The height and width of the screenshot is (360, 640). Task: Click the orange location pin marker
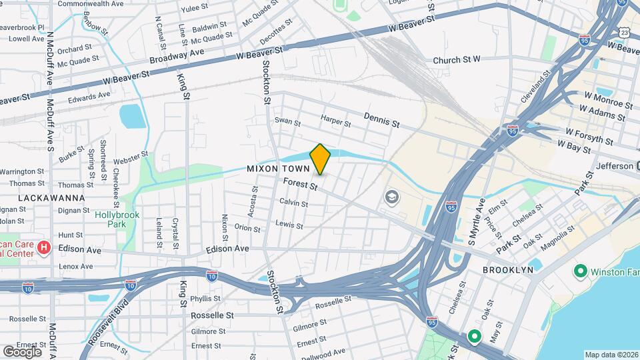320,159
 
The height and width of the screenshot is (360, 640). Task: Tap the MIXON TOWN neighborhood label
278,169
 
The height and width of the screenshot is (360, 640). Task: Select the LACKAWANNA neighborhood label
51,198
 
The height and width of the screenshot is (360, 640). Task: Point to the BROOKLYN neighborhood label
509,270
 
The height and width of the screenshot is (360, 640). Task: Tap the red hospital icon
44,249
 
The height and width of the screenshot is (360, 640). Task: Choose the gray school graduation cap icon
391,197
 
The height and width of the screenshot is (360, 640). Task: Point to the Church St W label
457,60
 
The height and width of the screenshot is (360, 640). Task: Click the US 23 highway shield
623,32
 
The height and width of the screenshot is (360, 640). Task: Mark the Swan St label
287,122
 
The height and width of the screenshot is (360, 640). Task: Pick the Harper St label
335,121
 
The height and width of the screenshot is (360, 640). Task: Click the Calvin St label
293,202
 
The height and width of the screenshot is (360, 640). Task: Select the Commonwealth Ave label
91,3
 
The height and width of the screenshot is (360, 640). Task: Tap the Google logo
22,351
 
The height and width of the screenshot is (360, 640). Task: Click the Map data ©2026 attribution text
611,355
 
